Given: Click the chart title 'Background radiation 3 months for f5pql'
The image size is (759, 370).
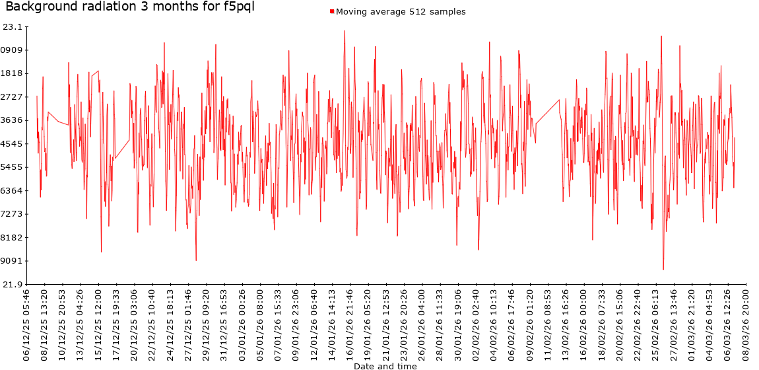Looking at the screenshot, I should pos(129,7).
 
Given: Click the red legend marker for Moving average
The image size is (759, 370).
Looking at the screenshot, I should pos(331,12).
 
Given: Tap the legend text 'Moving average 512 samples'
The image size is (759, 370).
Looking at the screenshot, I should pos(401,12).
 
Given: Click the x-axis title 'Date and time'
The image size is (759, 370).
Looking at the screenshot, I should pos(385,365).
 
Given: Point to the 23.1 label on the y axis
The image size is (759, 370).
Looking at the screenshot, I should pos(13,27).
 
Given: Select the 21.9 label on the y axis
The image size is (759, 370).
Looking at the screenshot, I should pos(13,284).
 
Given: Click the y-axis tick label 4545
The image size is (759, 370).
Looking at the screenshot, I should pos(13,143).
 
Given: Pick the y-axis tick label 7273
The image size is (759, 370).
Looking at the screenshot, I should pos(13,214).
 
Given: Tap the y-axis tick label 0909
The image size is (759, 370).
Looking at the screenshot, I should pos(13,50).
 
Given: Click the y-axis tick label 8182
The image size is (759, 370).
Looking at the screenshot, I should pos(13,237).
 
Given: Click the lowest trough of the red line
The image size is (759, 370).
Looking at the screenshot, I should pos(663,270).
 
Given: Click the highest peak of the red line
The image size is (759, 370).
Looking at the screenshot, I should pos(345,30).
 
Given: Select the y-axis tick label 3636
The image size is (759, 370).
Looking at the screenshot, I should pos(13,120).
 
